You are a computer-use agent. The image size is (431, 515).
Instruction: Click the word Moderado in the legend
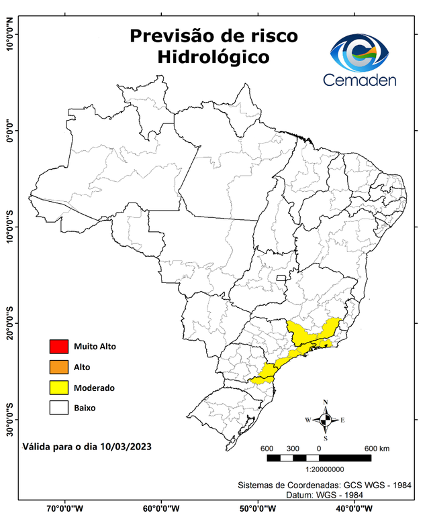[x=94, y=388]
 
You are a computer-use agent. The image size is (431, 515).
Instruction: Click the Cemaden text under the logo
[x=360, y=80]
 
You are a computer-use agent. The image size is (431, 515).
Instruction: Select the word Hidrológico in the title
[x=213, y=58]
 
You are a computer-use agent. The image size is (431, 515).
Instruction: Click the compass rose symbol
[x=325, y=420]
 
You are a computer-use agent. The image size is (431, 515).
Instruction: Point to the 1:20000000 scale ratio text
[x=325, y=470]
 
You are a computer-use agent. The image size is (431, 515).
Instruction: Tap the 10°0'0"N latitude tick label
[x=9, y=34]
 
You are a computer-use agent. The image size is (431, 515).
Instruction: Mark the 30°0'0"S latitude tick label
[x=9, y=419]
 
